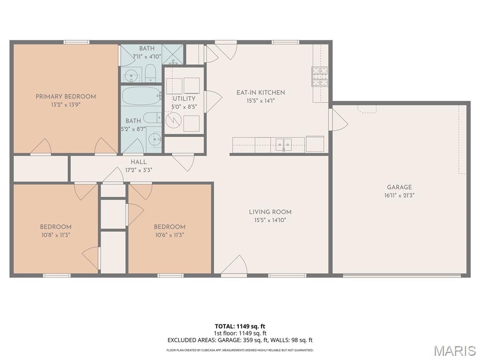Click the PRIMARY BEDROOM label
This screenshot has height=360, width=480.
(66, 97)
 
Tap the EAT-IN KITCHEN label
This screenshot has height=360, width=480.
(261, 92)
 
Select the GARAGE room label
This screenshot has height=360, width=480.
(399, 187)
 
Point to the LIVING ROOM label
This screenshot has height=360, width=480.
(270, 212)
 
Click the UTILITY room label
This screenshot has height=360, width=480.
(184, 98)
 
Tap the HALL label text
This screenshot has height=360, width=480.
(139, 162)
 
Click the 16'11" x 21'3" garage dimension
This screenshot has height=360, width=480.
(399, 195)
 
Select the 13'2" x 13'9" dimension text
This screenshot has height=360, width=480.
(66, 105)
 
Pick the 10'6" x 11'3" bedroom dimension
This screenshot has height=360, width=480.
(169, 235)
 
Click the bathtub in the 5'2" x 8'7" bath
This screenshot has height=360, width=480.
(142, 96)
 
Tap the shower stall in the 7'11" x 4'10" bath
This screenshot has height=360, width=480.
(172, 54)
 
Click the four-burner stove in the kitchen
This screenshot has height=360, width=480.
(320, 76)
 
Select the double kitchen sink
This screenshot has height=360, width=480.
(284, 144)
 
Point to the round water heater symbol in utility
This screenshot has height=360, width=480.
(173, 120)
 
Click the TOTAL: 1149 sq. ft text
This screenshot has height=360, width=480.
(238, 326)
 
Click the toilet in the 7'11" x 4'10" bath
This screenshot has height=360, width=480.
(150, 74)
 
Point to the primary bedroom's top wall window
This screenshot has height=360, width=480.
(76, 42)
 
